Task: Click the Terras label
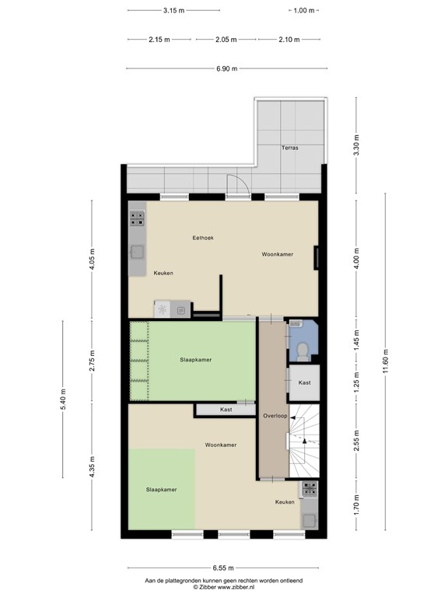[x=290, y=148]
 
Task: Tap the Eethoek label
[x=203, y=238]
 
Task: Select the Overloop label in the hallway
[x=275, y=416]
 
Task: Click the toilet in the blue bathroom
[x=303, y=352]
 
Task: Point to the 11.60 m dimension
[x=385, y=361]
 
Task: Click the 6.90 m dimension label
[x=226, y=68]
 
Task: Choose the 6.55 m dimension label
[x=223, y=568]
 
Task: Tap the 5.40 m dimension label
[x=63, y=399]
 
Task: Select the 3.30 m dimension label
[x=356, y=145]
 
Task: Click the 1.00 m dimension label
[x=304, y=11]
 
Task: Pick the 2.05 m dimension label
[x=226, y=39]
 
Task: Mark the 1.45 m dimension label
[x=356, y=340]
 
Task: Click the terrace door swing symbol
[x=238, y=185]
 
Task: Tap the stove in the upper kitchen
[x=137, y=218]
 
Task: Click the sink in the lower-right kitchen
[x=309, y=520]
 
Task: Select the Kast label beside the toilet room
[x=304, y=382]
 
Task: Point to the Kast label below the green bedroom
[x=226, y=410]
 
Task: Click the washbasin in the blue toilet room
[x=296, y=323]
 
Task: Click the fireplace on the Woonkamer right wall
[x=316, y=258]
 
